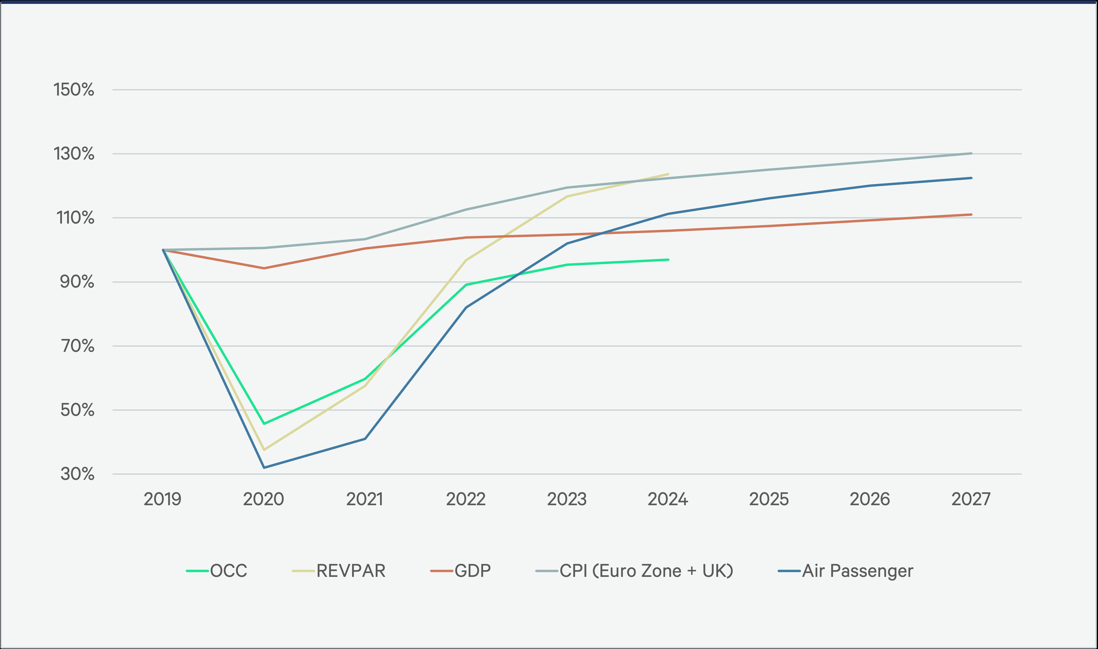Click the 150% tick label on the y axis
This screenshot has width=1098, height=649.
[74, 90]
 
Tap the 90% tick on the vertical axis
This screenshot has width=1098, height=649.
[77, 282]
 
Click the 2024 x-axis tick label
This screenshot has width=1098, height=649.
[668, 499]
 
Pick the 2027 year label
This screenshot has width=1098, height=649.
[971, 499]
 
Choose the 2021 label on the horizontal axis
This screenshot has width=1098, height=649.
[365, 499]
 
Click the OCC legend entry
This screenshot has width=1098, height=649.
[228, 571]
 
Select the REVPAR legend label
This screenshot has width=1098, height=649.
[351, 571]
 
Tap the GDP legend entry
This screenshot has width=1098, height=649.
[472, 571]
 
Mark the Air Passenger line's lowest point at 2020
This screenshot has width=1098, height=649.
[264, 467]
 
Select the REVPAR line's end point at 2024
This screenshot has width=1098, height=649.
[668, 174]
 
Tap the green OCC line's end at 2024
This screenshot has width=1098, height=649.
[668, 260]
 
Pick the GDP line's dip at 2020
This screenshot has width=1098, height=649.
[264, 268]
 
